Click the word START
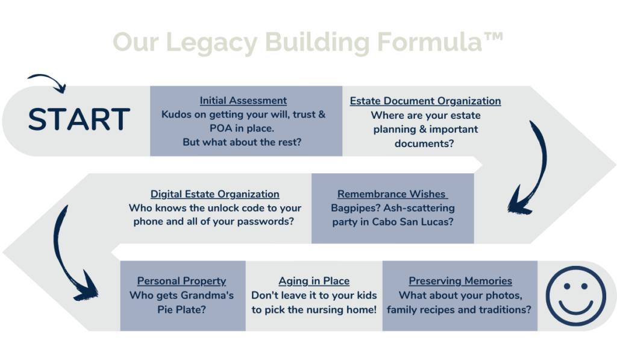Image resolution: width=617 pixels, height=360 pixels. [x=79, y=119]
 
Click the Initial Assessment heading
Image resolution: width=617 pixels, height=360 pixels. [x=243, y=101]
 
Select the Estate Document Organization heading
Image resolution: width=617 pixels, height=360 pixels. [x=425, y=101]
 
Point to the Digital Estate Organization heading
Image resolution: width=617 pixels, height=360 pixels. [x=215, y=194]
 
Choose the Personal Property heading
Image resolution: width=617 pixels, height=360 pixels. [x=181, y=281]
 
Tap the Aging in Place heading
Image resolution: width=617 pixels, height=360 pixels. [x=314, y=281]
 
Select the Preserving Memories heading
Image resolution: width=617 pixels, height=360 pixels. [x=460, y=281]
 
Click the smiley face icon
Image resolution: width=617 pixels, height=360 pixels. [x=575, y=296]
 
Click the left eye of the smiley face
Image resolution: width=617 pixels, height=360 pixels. [x=567, y=286]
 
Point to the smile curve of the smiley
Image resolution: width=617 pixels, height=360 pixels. [x=575, y=310]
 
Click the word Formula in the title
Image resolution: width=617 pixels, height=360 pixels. [x=429, y=42]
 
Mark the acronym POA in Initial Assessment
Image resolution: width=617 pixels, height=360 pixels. [x=221, y=129]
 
